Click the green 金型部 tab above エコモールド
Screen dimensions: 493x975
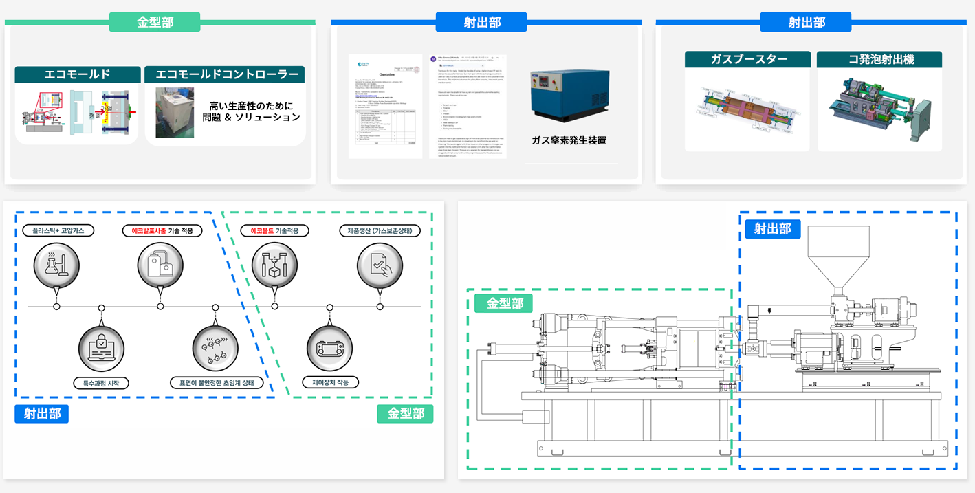155,22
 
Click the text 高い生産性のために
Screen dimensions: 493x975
252,106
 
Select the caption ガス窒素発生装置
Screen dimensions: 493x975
569,140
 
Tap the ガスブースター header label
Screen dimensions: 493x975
748,59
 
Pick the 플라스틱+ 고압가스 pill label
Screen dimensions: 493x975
58,231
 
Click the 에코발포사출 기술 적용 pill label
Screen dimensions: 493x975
162,231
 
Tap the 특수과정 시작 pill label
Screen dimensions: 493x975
100,382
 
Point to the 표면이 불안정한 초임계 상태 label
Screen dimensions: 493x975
217,382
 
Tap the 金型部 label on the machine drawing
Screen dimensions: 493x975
503,303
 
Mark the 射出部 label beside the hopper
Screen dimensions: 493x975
773,229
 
